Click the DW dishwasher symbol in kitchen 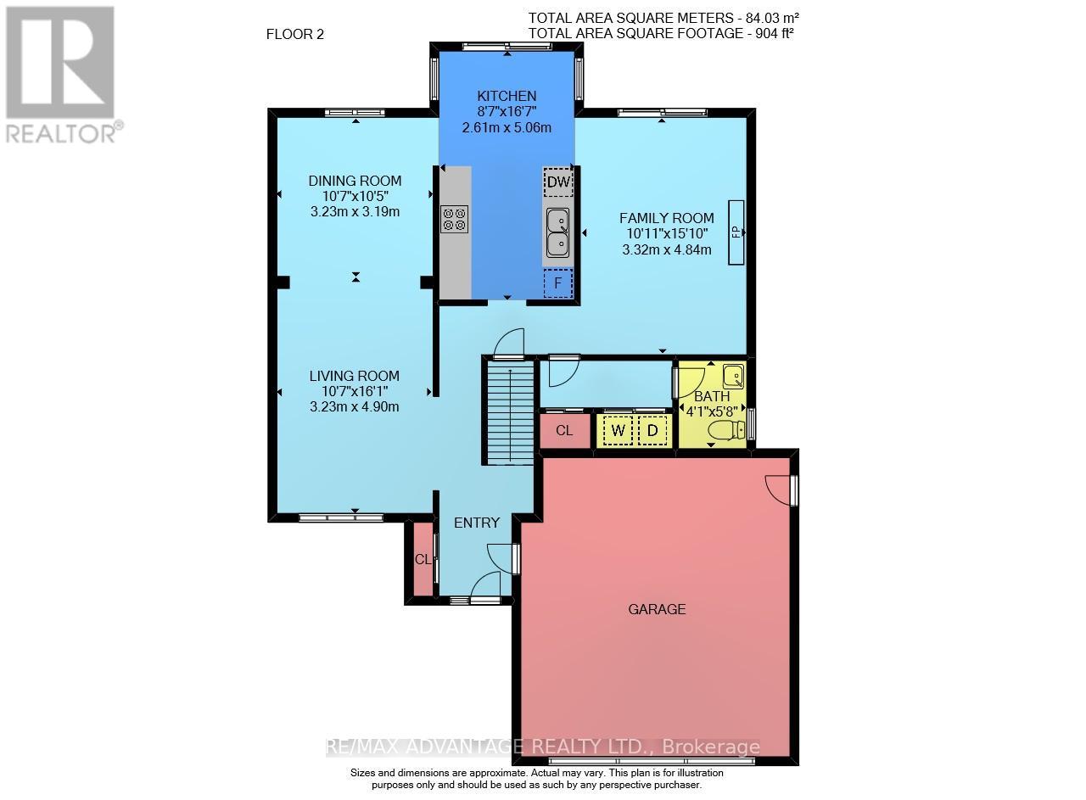(557, 182)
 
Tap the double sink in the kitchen (557, 232)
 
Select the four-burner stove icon (454, 220)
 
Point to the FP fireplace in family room (736, 232)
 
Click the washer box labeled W (618, 430)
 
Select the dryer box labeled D (652, 430)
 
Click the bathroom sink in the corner (732, 374)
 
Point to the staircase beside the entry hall (509, 411)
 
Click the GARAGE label (657, 608)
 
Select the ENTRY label (477, 523)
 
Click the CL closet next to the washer (564, 431)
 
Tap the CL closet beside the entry (421, 560)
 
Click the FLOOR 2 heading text (295, 35)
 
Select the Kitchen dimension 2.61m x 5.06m (507, 128)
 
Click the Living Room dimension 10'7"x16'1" (354, 391)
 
